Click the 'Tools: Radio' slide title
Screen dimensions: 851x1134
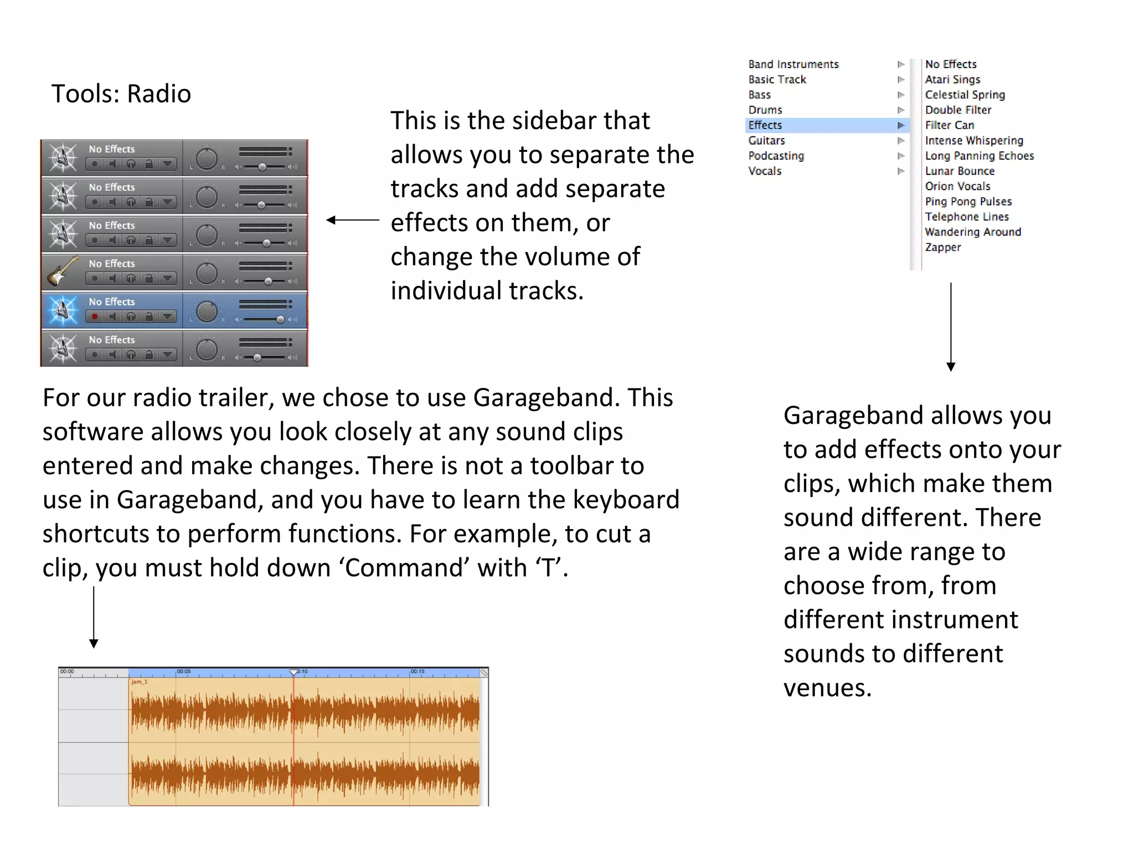(121, 94)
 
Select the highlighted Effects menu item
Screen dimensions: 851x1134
(765, 125)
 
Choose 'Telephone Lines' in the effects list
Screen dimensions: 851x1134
(967, 217)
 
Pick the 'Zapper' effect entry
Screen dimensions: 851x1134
(943, 247)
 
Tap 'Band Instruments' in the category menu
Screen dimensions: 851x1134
(793, 64)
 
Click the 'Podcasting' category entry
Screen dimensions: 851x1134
(776, 156)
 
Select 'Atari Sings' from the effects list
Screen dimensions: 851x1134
(952, 79)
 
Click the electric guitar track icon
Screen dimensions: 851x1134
(62, 271)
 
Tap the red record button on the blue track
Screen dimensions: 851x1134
(95, 316)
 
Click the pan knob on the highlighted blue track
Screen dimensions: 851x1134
(207, 311)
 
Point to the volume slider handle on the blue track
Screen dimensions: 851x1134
(280, 319)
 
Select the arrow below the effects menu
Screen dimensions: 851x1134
(951, 327)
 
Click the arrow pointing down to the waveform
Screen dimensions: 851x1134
(94, 617)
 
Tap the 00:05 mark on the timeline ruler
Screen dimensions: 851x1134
(183, 671)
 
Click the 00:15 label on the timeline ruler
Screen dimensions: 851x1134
(417, 671)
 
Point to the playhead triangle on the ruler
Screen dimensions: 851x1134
(293, 672)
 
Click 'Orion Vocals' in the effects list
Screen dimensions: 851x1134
(957, 186)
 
